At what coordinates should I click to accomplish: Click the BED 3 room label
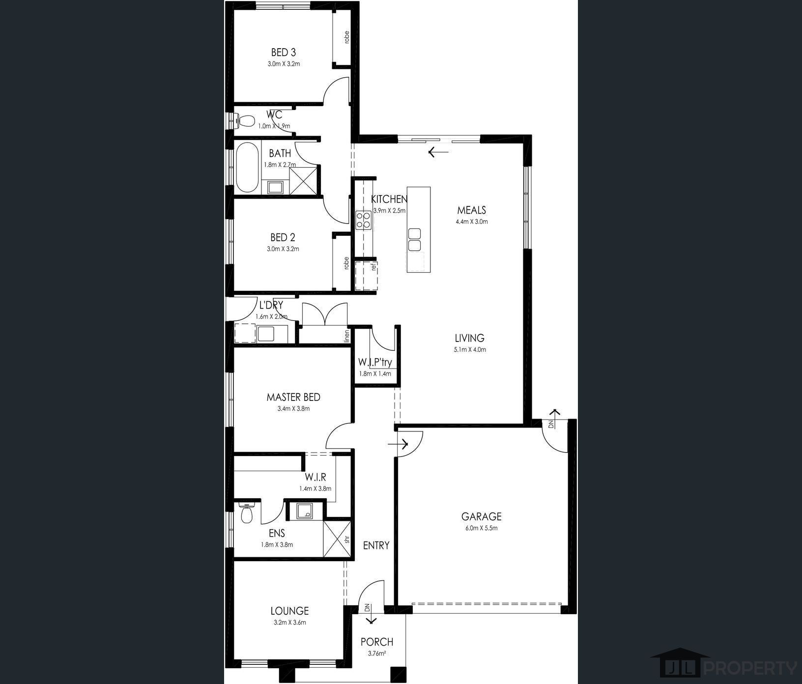click(284, 52)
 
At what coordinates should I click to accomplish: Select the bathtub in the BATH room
click(247, 168)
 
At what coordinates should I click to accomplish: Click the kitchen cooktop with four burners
click(364, 220)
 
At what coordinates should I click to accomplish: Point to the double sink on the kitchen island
click(415, 240)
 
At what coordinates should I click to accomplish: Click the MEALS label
click(471, 210)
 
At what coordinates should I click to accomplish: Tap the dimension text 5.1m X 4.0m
click(470, 350)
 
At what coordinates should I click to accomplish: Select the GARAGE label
click(481, 516)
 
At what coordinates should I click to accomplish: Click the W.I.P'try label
click(375, 363)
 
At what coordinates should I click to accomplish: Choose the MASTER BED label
click(293, 397)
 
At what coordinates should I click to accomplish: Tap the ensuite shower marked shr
click(337, 539)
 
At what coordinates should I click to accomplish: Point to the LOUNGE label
click(289, 611)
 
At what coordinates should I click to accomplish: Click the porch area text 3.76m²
click(377, 653)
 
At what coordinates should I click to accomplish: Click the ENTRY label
click(376, 545)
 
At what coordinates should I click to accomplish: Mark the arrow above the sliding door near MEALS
click(438, 152)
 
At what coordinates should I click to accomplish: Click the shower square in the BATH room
click(303, 181)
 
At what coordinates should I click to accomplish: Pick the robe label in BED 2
click(346, 263)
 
